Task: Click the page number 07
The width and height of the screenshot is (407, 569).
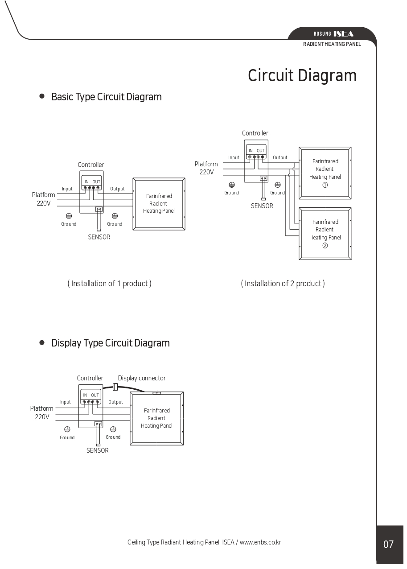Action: tap(388, 544)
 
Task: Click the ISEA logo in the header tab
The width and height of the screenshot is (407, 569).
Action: tap(343, 34)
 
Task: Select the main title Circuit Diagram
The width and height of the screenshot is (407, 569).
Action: tap(302, 76)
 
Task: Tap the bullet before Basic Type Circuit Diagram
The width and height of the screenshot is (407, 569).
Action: tap(42, 96)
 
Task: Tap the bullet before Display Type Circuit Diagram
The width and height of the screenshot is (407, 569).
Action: tap(42, 342)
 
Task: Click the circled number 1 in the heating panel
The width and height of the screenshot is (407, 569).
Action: tap(325, 185)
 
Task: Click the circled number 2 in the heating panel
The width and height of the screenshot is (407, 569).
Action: tap(325, 245)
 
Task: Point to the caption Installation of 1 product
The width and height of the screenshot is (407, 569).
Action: tap(109, 284)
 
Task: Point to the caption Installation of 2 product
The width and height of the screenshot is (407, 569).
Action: tap(283, 284)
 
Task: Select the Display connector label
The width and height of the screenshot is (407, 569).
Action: tap(142, 378)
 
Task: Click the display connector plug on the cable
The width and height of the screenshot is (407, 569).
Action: tap(115, 387)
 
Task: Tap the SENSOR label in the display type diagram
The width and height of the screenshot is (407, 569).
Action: tap(98, 450)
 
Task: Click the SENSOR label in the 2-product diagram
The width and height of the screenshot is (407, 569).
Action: tap(262, 206)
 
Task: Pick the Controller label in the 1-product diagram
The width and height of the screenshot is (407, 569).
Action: tap(91, 165)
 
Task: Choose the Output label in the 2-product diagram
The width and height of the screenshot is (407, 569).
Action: tap(280, 157)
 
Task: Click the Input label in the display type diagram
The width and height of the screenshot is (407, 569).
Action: tap(65, 402)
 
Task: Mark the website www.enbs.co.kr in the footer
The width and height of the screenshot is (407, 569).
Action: tap(260, 542)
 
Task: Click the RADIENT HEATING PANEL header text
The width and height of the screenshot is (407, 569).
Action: tap(332, 44)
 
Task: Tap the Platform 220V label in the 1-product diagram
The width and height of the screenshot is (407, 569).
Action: tap(43, 199)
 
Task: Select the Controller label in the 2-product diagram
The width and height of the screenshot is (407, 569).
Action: tap(255, 133)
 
